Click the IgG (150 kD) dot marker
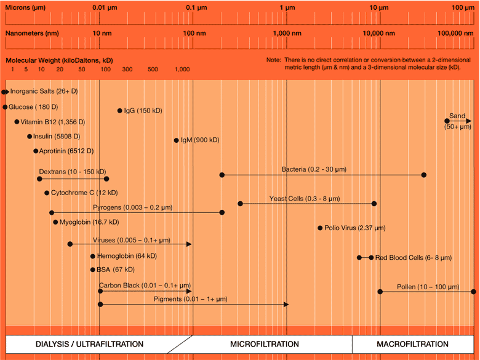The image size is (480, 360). click(120, 111)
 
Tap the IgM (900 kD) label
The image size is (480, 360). click(200, 140)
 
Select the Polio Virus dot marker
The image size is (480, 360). click(320, 228)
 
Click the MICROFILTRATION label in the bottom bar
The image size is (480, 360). click(265, 344)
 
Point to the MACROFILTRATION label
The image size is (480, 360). click(412, 344)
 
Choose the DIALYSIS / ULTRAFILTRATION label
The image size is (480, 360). click(89, 344)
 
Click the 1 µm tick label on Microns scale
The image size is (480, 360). click(287, 7)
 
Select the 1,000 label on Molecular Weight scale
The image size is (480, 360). click(182, 70)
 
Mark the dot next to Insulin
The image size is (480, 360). click(29, 137)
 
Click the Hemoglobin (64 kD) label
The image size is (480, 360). click(127, 256)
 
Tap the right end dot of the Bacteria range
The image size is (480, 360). click(423, 175)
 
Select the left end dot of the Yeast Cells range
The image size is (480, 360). click(240, 204)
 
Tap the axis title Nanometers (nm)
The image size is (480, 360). click(32, 33)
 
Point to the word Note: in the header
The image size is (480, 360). click(273, 60)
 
